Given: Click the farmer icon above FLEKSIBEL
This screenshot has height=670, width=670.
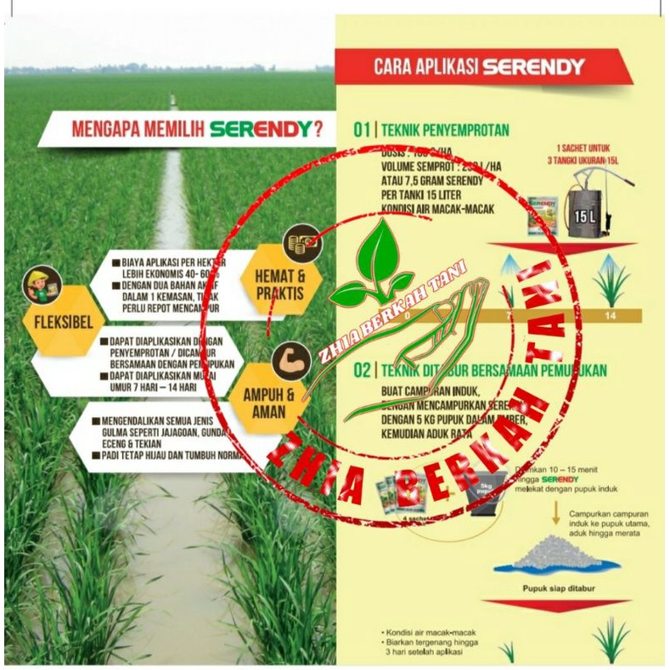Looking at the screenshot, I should tap(42, 284).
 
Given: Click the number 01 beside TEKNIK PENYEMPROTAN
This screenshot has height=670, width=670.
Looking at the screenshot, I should tap(362, 130).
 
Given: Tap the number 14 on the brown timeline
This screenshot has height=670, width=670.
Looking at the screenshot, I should tap(610, 316).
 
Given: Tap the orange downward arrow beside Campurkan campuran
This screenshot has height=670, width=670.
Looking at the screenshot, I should tap(556, 512).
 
